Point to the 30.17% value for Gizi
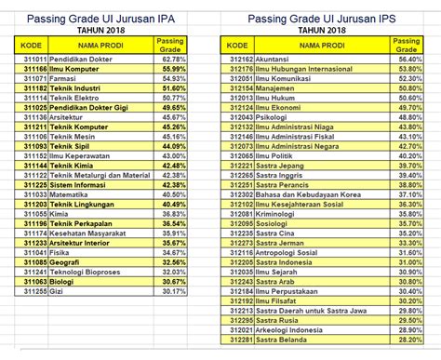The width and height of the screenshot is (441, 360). [174, 290]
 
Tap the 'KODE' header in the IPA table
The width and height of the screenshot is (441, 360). [34, 44]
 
